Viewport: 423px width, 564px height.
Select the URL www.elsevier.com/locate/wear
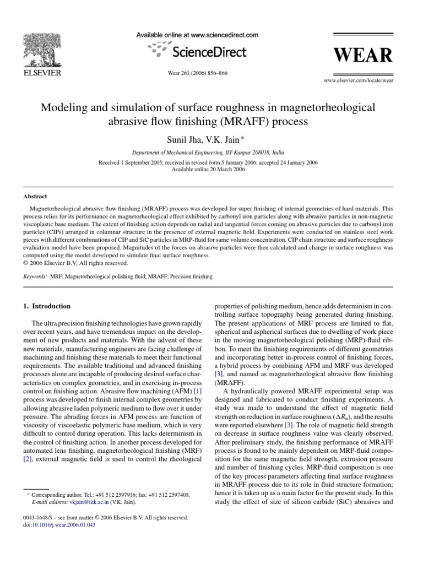coord(359,80)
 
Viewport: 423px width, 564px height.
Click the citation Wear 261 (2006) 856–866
coord(197,73)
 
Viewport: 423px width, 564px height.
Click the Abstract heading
coord(35,196)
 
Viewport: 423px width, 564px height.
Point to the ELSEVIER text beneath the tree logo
coord(42,73)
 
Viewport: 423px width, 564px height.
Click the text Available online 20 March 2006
coord(211,170)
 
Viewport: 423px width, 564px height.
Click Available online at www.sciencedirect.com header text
coord(197,35)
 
